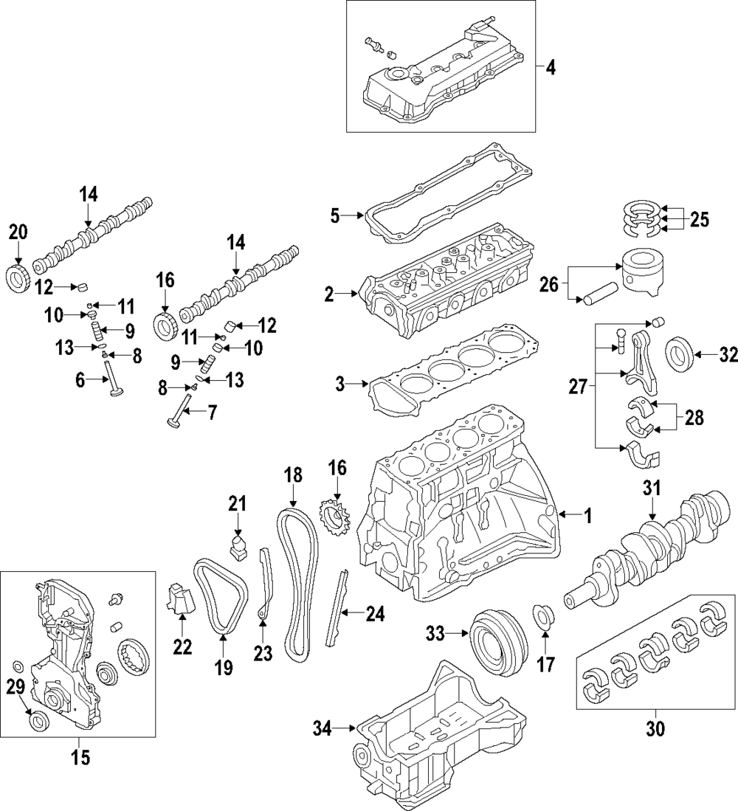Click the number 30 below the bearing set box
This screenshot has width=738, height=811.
(x=655, y=728)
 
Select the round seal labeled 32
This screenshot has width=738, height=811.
(x=680, y=356)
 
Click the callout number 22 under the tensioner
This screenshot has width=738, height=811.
(x=182, y=647)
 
